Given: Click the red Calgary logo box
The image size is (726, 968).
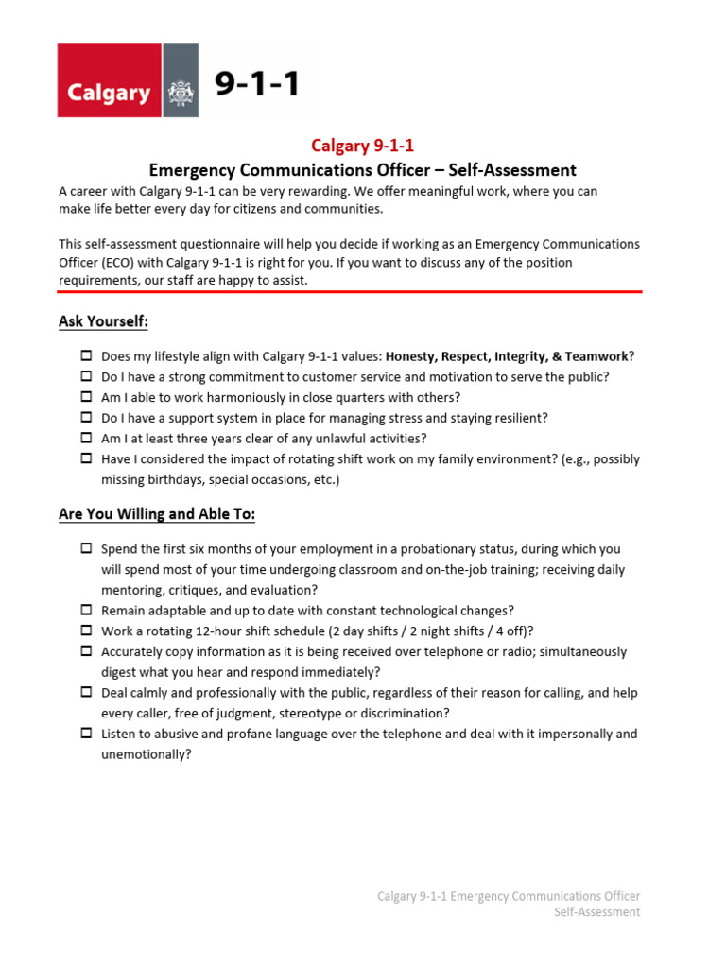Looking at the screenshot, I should pyautogui.click(x=110, y=80).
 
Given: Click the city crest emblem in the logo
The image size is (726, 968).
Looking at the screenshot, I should pyautogui.click(x=181, y=92).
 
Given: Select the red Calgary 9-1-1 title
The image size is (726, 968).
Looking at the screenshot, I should pyautogui.click(x=363, y=146).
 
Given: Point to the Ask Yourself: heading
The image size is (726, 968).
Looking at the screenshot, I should pyautogui.click(x=103, y=322).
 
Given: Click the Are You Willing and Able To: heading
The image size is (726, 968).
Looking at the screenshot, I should pyautogui.click(x=157, y=514).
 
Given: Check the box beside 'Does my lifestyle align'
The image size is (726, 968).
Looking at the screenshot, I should pyautogui.click(x=86, y=356).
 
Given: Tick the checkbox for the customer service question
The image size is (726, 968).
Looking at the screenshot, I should pyautogui.click(x=86, y=377).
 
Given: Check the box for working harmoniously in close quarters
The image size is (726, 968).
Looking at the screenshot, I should pyautogui.click(x=86, y=397).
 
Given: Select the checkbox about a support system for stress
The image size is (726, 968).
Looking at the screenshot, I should pyautogui.click(x=86, y=418).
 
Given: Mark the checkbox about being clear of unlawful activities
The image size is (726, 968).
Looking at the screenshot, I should pyautogui.click(x=86, y=439).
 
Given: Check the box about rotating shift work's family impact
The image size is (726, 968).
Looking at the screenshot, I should pyautogui.click(x=86, y=459).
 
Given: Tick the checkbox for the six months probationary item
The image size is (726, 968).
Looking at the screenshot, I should pyautogui.click(x=86, y=549).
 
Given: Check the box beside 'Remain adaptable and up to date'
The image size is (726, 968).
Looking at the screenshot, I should pyautogui.click(x=86, y=611).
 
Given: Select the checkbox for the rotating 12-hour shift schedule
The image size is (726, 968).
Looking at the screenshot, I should pyautogui.click(x=86, y=631).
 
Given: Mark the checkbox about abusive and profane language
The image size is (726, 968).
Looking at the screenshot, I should pyautogui.click(x=86, y=734).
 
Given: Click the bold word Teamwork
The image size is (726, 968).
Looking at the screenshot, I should pyautogui.click(x=596, y=356).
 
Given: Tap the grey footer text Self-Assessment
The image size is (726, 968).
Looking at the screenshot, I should pyautogui.click(x=596, y=912).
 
